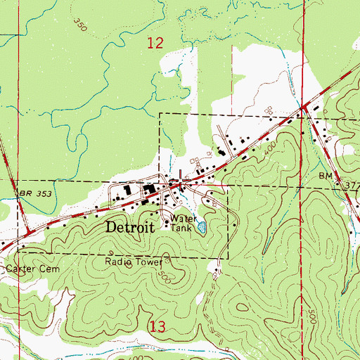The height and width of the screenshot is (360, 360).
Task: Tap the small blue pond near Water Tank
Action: tap(202, 227)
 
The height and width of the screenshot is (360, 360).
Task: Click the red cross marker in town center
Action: tap(184, 182)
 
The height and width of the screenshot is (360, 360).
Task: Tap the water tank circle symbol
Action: tap(167, 224)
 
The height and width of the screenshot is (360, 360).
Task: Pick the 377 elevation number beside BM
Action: tap(350, 185)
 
